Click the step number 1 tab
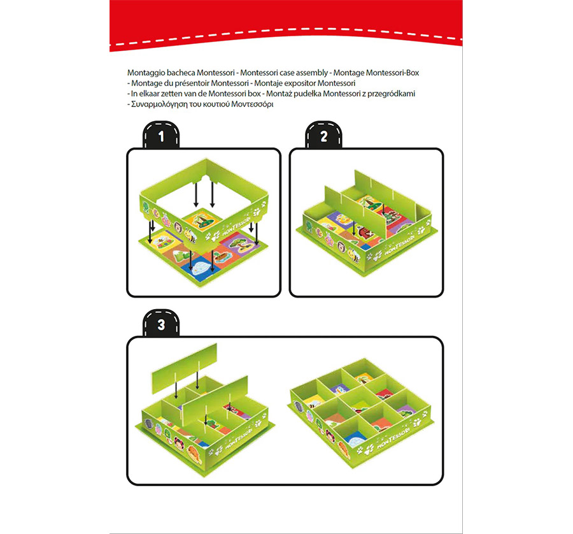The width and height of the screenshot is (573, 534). pos(161,136)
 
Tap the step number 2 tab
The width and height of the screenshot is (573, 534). pos(324,136)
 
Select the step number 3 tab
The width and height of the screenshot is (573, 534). pos(161,324)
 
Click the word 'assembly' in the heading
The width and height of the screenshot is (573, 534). pos(312,73)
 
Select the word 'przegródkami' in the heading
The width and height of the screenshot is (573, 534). pos(391,94)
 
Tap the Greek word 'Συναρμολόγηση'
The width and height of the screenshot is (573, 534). pos(159,105)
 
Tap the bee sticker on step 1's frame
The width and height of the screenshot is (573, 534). pos(190,235)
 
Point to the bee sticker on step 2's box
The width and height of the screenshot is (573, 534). pos(353,254)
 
